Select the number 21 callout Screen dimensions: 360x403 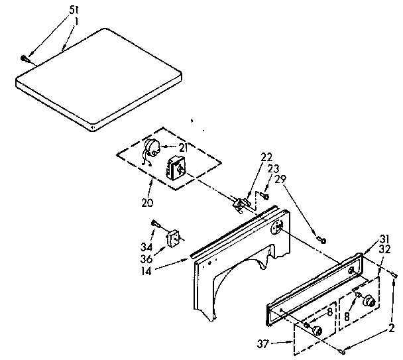click(x=182, y=147)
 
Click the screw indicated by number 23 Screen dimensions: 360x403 click(x=264, y=196)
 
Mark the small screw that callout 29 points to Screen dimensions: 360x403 click(x=321, y=239)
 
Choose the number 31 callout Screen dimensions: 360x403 click(x=384, y=239)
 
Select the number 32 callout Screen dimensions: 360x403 click(x=384, y=250)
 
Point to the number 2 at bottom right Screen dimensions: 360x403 click(x=392, y=327)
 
